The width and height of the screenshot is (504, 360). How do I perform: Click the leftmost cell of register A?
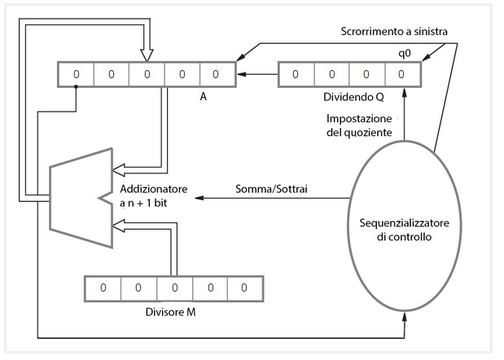[77, 74]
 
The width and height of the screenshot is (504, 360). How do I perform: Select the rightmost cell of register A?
[216, 74]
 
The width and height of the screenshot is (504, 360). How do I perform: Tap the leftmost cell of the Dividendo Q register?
[295, 74]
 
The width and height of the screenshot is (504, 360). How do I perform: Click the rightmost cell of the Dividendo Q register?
[401, 74]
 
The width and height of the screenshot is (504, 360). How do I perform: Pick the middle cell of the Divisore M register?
[173, 288]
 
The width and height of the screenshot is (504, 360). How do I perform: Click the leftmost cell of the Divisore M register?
[103, 288]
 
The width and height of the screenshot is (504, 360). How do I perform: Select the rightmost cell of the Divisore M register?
[243, 288]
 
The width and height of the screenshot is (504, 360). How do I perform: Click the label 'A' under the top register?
[202, 95]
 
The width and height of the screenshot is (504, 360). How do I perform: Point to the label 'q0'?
[399, 50]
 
